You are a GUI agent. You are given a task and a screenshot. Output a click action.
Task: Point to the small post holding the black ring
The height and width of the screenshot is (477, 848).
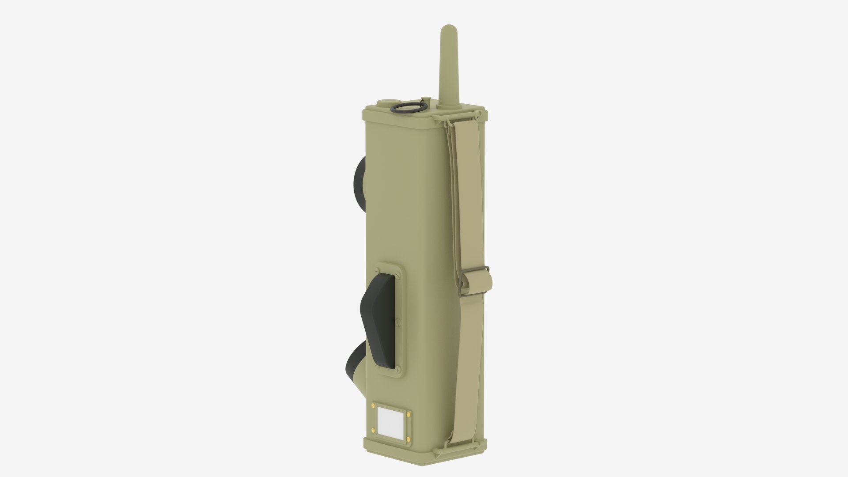(x=425, y=112)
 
